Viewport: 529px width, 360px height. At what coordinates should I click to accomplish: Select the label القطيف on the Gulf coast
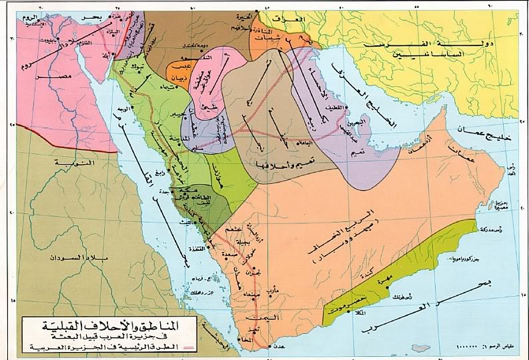[x=333, y=107]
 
